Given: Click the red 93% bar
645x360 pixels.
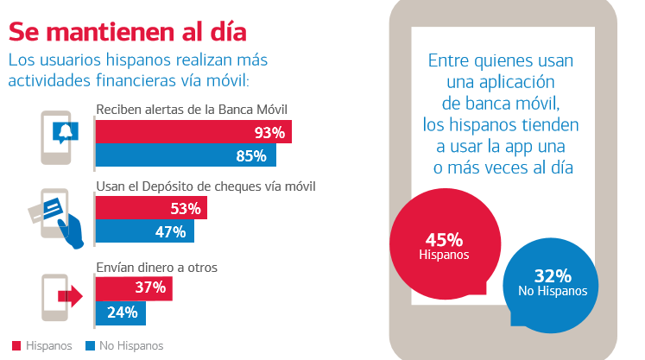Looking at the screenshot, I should click(x=193, y=132).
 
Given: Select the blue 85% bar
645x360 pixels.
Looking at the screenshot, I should click(x=185, y=155).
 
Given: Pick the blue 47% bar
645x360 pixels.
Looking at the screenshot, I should click(x=144, y=231).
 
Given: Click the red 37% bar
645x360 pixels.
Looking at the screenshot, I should click(x=133, y=287).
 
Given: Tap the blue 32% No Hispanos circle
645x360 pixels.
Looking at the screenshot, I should click(x=552, y=282).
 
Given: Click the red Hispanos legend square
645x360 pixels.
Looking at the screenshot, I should click(x=14, y=345).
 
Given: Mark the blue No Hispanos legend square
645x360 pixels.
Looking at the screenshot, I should click(x=90, y=345).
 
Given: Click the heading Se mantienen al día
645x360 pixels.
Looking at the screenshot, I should click(x=128, y=30).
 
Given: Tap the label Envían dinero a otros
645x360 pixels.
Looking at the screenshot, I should click(x=156, y=267).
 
